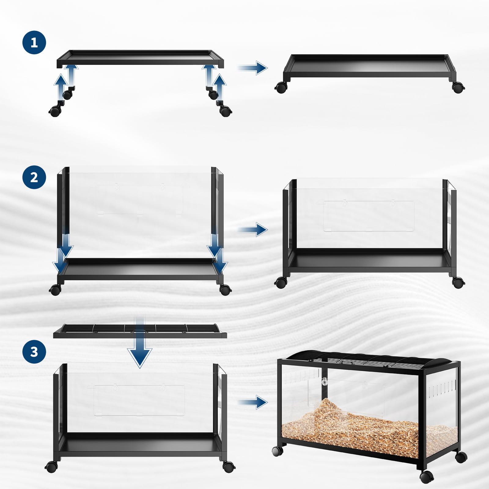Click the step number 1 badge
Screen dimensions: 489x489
[34, 42]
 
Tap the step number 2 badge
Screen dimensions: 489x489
[34, 177]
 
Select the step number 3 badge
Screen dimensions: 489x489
[34, 351]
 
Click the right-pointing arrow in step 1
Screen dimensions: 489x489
[252, 68]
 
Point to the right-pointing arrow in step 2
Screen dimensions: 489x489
[252, 230]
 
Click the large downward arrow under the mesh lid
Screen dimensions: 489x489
[140, 345]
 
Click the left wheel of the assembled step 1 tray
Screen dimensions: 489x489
[281, 87]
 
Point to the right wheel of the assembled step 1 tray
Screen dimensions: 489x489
[458, 87]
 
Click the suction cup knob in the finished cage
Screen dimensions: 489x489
[325, 382]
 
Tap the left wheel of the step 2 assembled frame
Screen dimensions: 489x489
[281, 282]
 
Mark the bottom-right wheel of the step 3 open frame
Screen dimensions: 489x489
[229, 466]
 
